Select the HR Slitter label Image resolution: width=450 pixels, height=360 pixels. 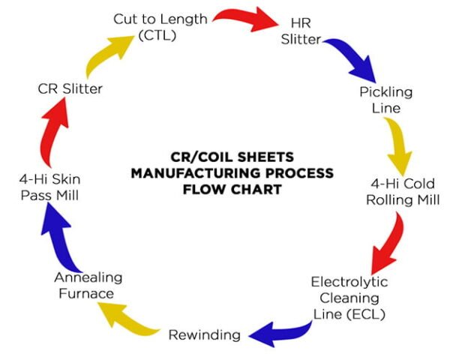pyautogui.click(x=301, y=31)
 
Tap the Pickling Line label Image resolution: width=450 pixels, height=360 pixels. pyautogui.click(x=385, y=100)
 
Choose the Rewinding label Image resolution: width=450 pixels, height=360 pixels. pyautogui.click(x=204, y=334)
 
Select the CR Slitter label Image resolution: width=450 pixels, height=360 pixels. pyautogui.click(x=70, y=89)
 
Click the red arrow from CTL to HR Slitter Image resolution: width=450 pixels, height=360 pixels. pyautogui.click(x=245, y=18)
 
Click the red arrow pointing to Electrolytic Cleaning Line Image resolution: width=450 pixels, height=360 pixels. pyautogui.click(x=386, y=243)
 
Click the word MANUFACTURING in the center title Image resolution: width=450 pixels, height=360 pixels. pyautogui.click(x=232, y=173)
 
